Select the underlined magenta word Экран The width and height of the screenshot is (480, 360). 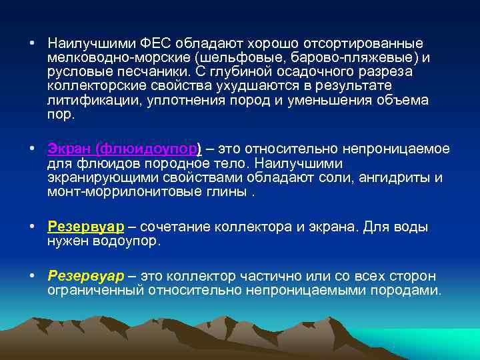(69, 149)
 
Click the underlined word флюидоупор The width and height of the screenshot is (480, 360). (146, 149)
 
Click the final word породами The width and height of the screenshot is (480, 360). (406, 291)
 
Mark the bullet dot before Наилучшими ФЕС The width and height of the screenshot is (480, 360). (32, 43)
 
